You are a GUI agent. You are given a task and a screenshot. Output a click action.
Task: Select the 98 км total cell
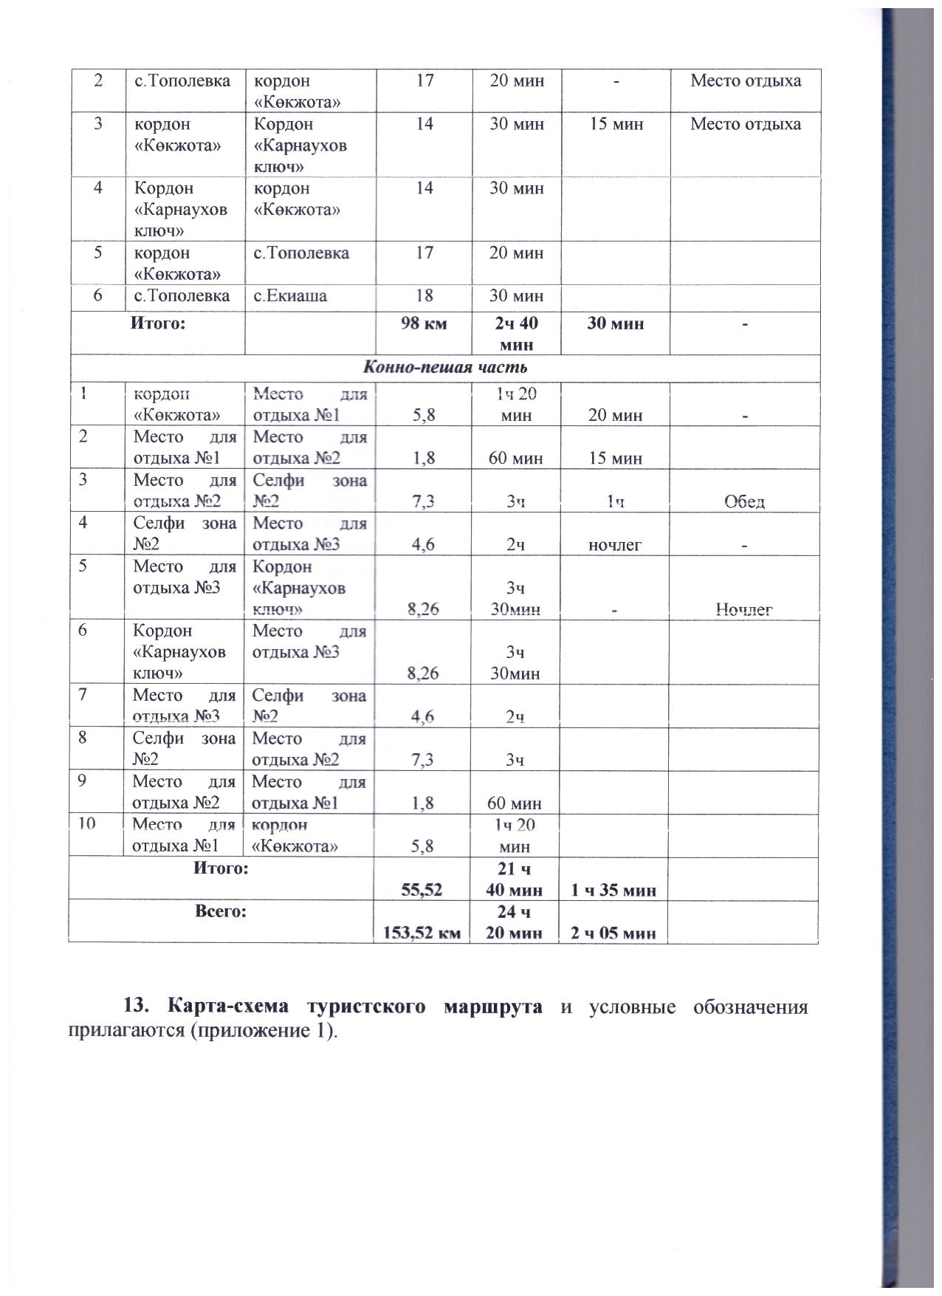click(x=423, y=323)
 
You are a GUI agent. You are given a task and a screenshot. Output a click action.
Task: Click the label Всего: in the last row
click(x=221, y=912)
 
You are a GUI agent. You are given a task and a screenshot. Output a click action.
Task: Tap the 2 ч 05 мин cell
click(x=614, y=933)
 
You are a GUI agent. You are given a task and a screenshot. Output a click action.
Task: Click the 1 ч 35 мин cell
click(x=614, y=890)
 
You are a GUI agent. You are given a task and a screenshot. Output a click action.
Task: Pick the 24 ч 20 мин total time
click(x=517, y=922)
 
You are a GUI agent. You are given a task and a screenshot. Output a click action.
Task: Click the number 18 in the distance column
click(x=424, y=296)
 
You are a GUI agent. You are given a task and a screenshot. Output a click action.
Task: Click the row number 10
click(x=87, y=824)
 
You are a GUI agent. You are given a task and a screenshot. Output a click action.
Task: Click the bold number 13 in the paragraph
click(x=136, y=1007)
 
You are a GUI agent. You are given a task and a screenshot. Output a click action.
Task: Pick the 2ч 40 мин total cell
click(x=517, y=333)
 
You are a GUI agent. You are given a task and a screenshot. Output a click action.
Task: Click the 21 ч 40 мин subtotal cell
click(x=517, y=880)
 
